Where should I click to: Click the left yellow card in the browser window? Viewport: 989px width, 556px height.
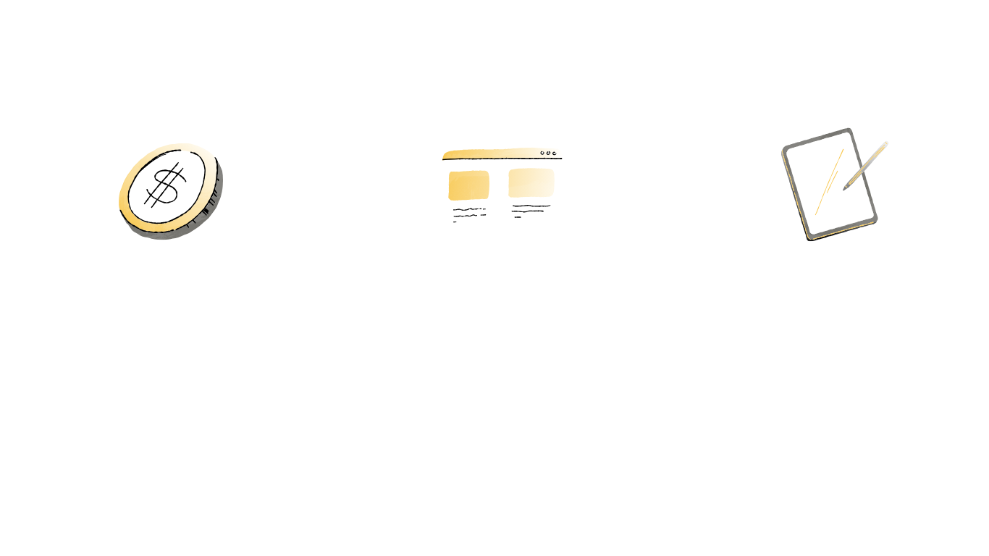(468, 185)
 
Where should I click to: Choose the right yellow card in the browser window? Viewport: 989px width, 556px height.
(531, 183)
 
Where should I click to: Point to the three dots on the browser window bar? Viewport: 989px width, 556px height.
(550, 153)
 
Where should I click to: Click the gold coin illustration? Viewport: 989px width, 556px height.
(171, 190)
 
